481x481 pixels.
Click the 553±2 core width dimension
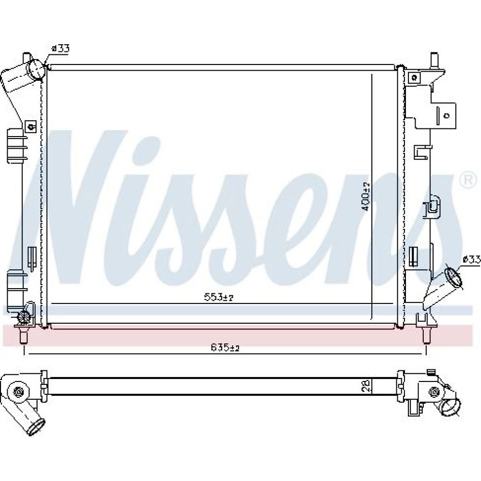click(x=219, y=297)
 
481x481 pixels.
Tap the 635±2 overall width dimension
click(x=225, y=347)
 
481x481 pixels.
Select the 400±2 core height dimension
click(x=366, y=196)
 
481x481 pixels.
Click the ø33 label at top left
click(x=61, y=48)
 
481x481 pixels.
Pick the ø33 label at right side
click(x=471, y=260)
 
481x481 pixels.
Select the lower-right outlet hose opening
click(x=453, y=278)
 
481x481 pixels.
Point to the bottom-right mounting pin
click(x=426, y=336)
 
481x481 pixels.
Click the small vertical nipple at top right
click(x=434, y=60)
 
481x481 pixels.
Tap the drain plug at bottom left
click(x=24, y=316)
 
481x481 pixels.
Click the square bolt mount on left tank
click(x=31, y=126)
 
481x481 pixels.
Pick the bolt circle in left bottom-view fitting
click(x=18, y=392)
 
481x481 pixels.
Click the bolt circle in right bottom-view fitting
click(x=433, y=392)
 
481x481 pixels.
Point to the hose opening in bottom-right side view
click(x=451, y=407)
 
